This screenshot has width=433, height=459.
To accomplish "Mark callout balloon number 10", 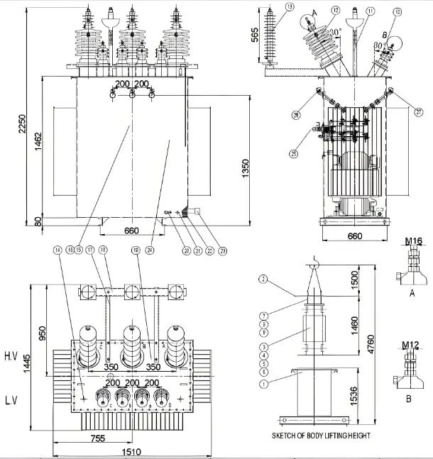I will coord(398,11).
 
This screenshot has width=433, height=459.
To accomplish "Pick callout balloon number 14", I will coord(56,250).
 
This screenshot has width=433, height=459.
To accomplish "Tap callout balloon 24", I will coord(169,250).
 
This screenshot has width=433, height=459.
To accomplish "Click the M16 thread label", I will coord(414,242).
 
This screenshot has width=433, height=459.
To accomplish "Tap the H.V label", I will coord(11,354).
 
